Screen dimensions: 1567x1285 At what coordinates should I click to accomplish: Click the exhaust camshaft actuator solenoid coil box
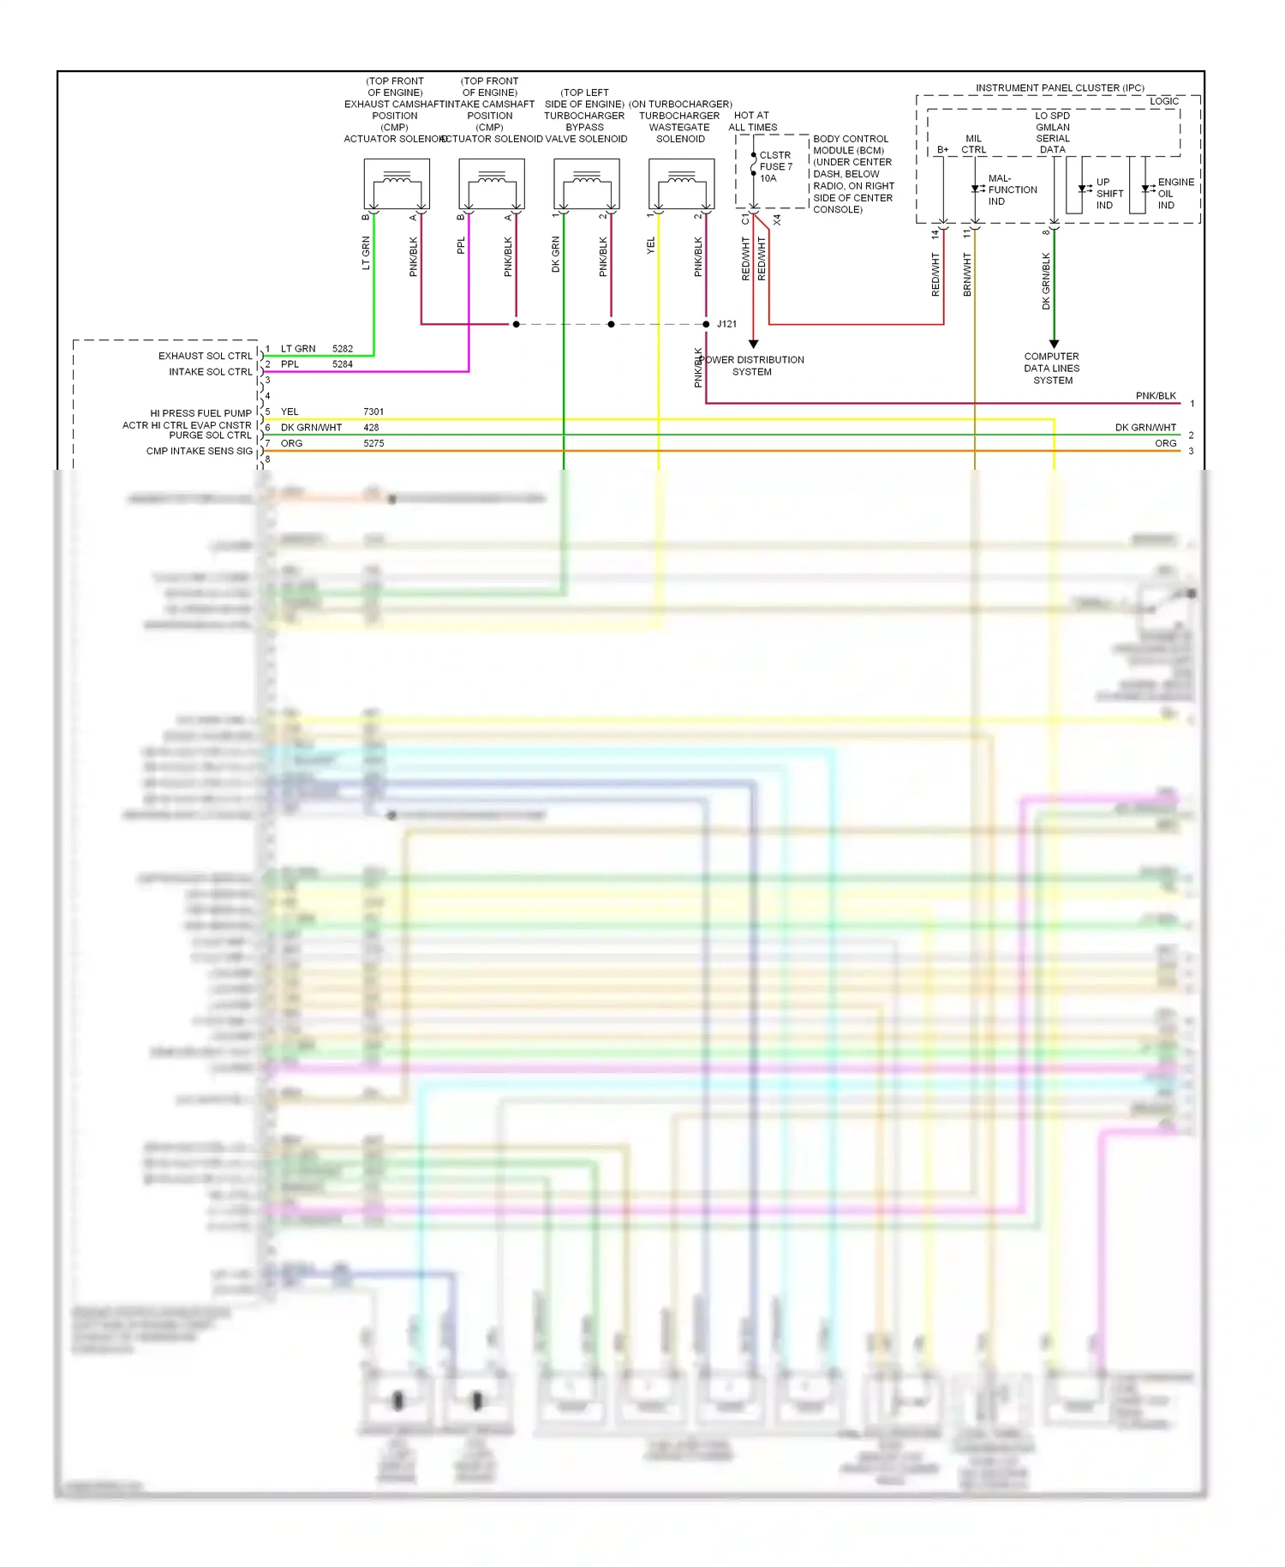coord(397,184)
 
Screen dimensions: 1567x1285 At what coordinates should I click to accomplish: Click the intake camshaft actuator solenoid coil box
coord(492,184)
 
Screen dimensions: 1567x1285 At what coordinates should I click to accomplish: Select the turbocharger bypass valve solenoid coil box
coord(587,184)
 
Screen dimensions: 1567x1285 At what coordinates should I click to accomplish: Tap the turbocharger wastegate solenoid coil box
coord(682,184)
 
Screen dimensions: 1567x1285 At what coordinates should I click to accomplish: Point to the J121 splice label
coord(726,324)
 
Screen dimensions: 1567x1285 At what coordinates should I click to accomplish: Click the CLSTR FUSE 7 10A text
coord(775,167)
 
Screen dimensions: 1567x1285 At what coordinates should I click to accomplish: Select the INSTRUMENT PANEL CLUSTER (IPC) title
coord(1060,87)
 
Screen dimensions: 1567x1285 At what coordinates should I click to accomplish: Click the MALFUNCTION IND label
coord(1012,190)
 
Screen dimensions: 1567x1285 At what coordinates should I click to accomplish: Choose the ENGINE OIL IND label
coord(1174,194)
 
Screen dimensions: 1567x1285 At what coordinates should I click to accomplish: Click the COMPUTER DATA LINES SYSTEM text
coord(1052,369)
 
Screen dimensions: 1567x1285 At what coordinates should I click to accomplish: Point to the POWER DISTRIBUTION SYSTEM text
coord(753,366)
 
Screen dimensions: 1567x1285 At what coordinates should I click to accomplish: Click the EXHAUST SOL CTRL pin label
coord(206,356)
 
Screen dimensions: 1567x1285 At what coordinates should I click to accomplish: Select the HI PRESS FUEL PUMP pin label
coord(201,413)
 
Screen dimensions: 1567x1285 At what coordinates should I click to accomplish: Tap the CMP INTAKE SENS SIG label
coord(200,451)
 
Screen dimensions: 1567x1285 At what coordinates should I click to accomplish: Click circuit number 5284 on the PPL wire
coord(343,364)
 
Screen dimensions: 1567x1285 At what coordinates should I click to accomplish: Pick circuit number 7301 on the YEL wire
coord(374,412)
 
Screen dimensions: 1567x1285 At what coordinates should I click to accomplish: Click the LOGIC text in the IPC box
coord(1164,101)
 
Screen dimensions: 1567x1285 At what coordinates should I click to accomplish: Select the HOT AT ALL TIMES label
coord(752,121)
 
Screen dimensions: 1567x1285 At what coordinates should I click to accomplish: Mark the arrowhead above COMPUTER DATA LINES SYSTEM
coord(1054,343)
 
